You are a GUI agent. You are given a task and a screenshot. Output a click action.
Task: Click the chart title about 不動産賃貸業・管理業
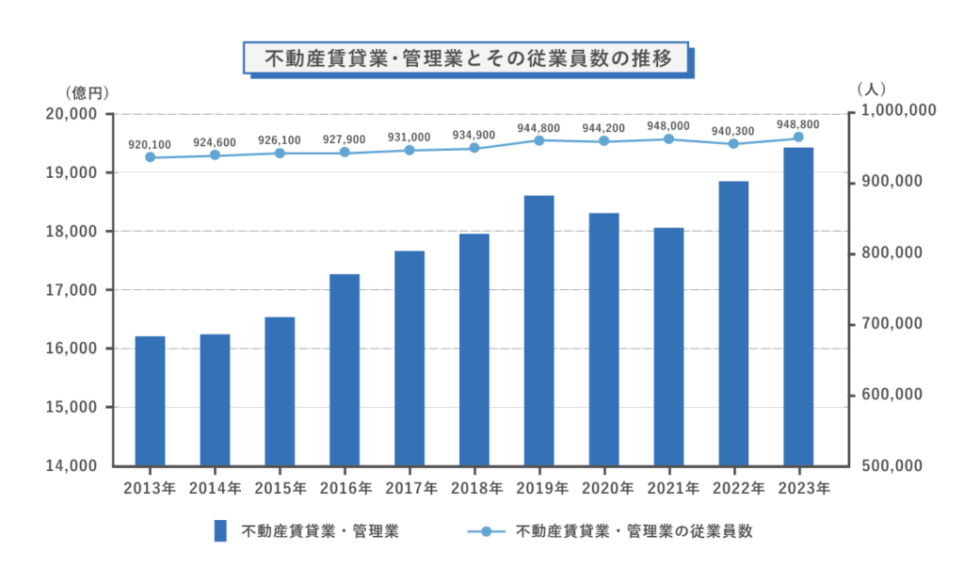point(468,58)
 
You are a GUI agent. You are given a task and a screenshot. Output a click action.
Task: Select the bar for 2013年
point(150,400)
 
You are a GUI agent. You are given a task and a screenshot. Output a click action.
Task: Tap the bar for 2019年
point(539,330)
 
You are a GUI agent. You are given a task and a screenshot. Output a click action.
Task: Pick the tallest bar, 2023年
point(798,306)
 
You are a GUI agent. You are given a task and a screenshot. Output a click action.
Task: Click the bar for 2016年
point(345,369)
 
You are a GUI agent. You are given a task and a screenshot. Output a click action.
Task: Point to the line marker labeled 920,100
point(150,157)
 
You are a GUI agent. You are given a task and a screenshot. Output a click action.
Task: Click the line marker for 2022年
point(733,144)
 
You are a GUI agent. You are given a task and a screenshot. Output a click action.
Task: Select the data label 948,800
point(798,123)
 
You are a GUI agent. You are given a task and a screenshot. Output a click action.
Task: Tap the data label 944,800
point(539,127)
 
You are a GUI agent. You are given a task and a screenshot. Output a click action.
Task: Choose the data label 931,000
point(410,138)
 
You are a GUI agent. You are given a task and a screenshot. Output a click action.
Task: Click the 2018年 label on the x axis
point(474,488)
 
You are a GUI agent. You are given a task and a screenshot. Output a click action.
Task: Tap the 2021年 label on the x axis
point(669,488)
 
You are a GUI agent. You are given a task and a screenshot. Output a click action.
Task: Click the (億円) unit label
point(88,92)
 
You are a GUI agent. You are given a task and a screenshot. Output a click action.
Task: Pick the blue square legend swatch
point(220,530)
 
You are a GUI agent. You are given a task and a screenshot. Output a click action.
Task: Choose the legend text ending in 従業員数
point(635,531)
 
